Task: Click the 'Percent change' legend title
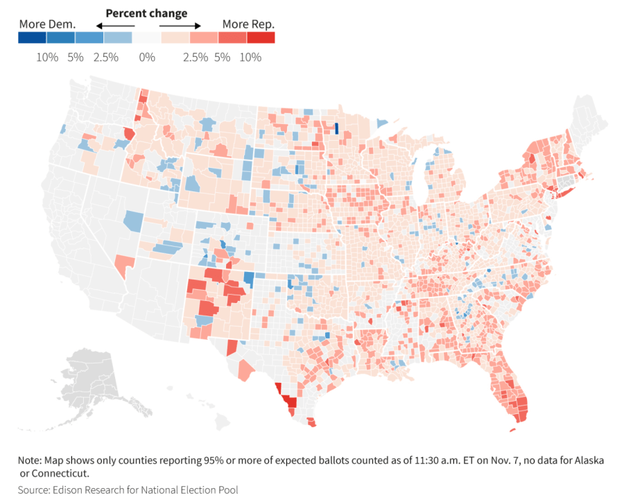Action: click(146, 13)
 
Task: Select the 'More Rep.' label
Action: click(248, 24)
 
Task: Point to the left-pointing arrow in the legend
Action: click(114, 26)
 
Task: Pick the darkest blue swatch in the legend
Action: click(33, 37)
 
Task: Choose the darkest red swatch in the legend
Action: click(261, 37)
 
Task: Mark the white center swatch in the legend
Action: click(146, 37)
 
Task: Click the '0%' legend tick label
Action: click(147, 57)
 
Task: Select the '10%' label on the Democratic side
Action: click(47, 57)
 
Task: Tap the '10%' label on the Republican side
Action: click(250, 57)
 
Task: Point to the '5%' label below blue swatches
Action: click(76, 57)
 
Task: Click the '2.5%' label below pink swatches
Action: click(196, 57)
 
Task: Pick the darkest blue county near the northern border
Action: click(336, 128)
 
